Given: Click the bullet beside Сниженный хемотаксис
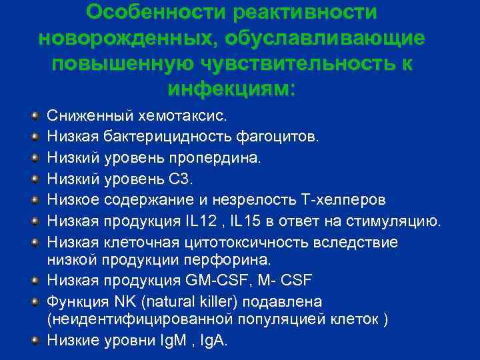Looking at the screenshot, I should click(x=35, y=115).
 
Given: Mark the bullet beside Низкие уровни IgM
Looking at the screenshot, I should click(x=35, y=339).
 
